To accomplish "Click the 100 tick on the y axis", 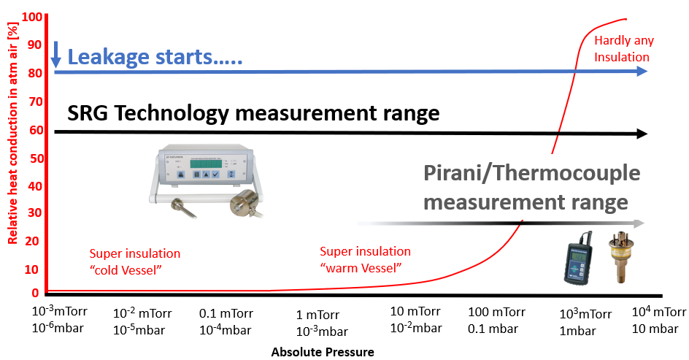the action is (x=32, y=17).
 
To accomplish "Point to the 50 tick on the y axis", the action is (x=36, y=158).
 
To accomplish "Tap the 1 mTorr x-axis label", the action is (x=317, y=315).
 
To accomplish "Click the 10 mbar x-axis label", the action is (x=655, y=329).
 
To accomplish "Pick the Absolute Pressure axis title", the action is (x=323, y=352).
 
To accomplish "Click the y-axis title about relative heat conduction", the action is (x=12, y=133).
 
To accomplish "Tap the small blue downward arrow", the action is (x=55, y=55).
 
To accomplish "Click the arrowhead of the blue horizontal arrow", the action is (x=642, y=72).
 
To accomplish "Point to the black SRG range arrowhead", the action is (x=642, y=134).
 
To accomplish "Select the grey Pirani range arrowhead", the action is (x=639, y=223).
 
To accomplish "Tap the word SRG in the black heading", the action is (x=87, y=113).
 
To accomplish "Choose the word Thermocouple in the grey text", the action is (x=567, y=173).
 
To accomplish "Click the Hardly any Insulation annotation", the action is (x=624, y=48).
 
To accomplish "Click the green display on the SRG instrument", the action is (x=206, y=164).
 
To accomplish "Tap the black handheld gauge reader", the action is (x=578, y=259).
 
